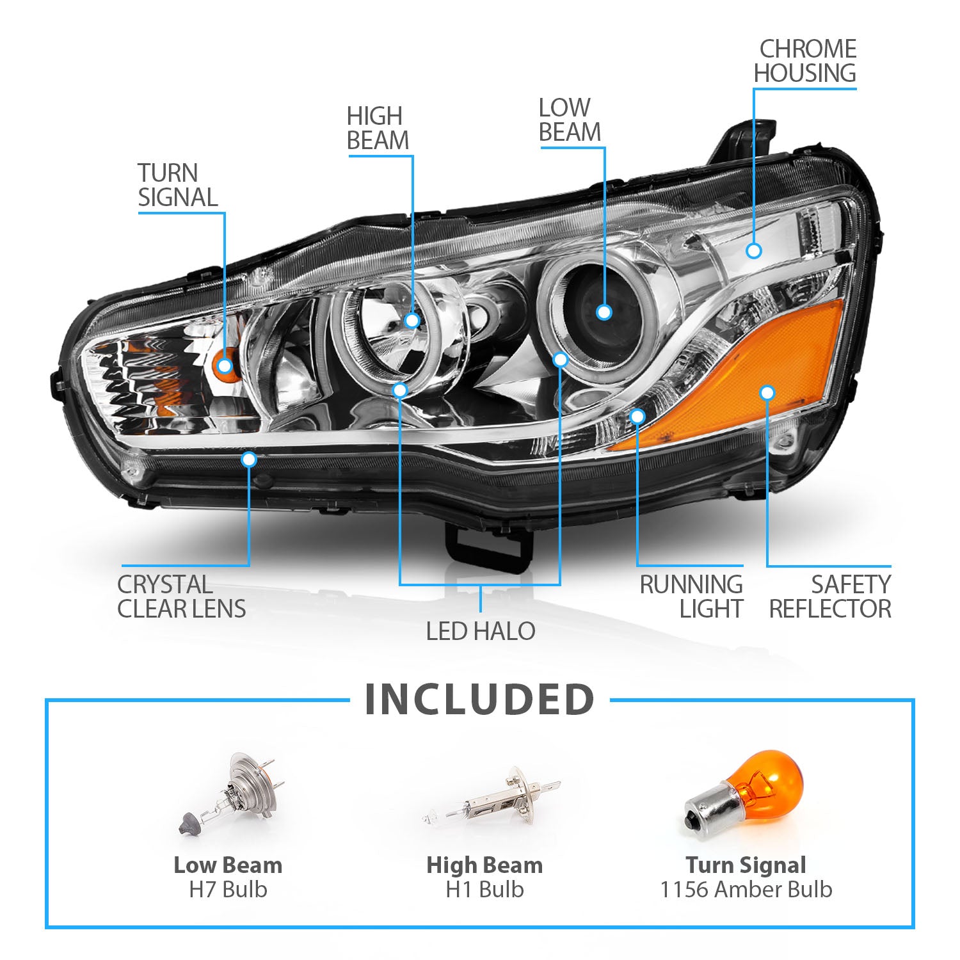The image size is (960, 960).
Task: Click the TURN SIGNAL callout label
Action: click(x=177, y=186)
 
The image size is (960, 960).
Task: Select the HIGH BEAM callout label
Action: click(x=377, y=129)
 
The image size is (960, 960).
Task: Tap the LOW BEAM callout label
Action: click(x=570, y=120)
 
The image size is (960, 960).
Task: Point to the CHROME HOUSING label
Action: click(x=805, y=61)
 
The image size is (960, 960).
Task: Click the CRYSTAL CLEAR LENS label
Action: click(x=181, y=596)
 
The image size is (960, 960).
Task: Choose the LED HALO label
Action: click(x=481, y=631)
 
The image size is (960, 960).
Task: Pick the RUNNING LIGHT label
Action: click(x=691, y=596)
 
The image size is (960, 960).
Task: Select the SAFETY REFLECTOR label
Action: click(x=830, y=596)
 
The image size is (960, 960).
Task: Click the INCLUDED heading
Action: click(x=480, y=700)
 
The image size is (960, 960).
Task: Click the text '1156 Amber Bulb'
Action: click(x=746, y=890)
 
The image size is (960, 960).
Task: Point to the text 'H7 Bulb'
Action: click(x=228, y=890)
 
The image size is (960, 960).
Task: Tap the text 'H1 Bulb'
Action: click(x=484, y=890)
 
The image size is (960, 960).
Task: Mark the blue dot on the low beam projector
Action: click(x=604, y=312)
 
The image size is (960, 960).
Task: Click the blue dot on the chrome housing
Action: click(x=754, y=251)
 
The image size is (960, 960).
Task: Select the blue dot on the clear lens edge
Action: click(x=249, y=460)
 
